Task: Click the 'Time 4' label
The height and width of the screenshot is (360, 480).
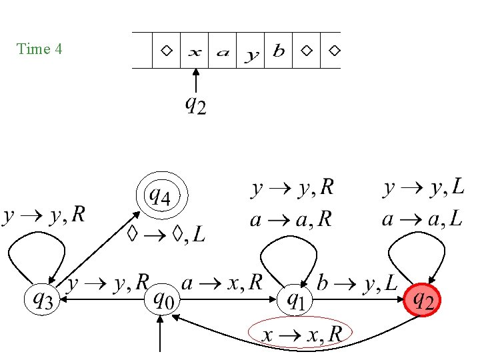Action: [x=40, y=49]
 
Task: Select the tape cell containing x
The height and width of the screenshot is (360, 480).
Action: [x=195, y=51]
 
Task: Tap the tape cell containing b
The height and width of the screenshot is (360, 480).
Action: [x=279, y=51]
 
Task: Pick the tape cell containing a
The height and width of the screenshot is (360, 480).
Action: [x=223, y=51]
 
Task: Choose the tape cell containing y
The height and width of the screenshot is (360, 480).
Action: [x=251, y=51]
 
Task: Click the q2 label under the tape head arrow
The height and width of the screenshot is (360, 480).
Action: [x=195, y=105]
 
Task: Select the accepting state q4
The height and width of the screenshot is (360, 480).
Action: [x=162, y=197]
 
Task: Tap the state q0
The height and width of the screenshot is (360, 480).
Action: [x=161, y=301]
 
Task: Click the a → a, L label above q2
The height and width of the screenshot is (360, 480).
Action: [x=423, y=219]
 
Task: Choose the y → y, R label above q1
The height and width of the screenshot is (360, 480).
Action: [x=292, y=189]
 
